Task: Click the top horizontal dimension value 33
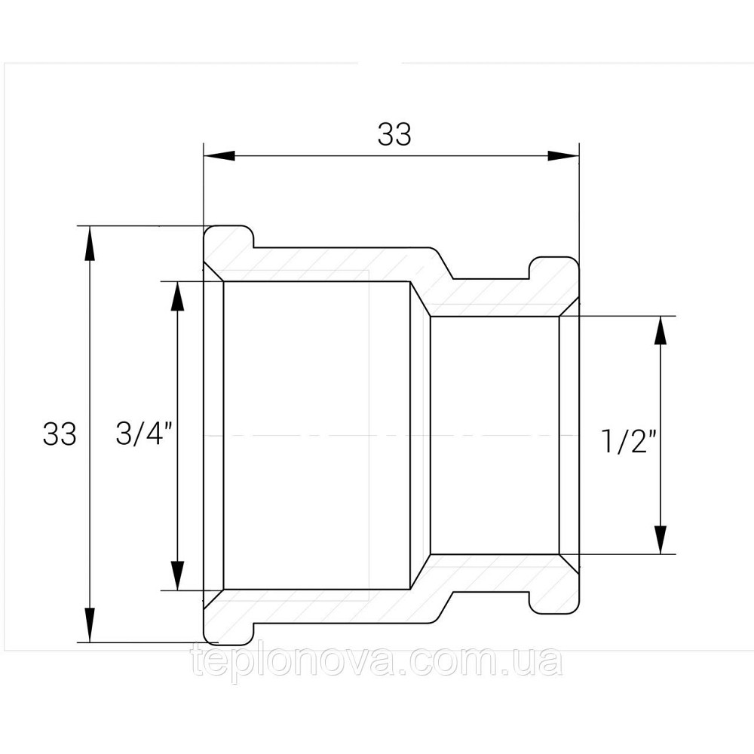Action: (x=394, y=135)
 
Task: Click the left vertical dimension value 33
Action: (x=60, y=434)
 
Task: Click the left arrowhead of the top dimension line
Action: (x=219, y=155)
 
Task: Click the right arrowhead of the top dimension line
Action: (x=562, y=155)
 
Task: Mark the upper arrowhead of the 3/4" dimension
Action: (x=177, y=296)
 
